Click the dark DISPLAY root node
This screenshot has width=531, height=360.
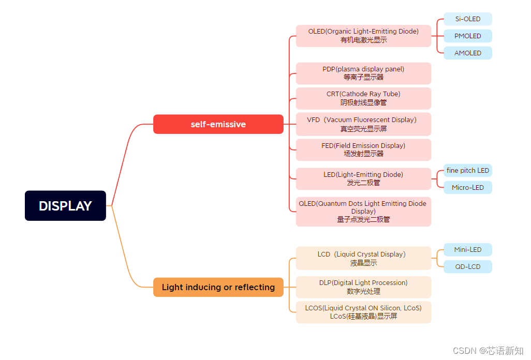click(65, 206)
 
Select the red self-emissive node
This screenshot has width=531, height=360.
click(218, 124)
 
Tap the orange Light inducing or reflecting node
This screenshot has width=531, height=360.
click(218, 287)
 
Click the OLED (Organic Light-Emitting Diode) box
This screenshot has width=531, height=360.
click(363, 36)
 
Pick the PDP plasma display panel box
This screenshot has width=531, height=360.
click(363, 73)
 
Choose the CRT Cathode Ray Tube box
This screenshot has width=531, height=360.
click(363, 98)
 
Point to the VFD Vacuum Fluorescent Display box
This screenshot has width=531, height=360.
click(363, 124)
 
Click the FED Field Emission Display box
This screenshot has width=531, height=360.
click(363, 149)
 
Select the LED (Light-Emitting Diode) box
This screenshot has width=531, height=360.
click(363, 178)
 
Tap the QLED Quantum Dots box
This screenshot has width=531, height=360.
click(363, 211)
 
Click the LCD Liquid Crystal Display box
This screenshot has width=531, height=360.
click(363, 258)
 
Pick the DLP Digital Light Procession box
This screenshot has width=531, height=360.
click(363, 287)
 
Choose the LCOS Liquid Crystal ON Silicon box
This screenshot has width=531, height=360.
click(363, 312)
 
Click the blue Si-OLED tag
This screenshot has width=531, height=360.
click(468, 19)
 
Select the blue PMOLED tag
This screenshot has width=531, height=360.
click(468, 36)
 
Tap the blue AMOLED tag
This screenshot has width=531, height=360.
click(468, 53)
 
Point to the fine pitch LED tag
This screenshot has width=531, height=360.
click(468, 171)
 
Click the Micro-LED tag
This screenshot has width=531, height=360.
click(468, 187)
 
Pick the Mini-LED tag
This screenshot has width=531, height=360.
click(468, 250)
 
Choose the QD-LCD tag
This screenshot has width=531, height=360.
click(468, 267)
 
